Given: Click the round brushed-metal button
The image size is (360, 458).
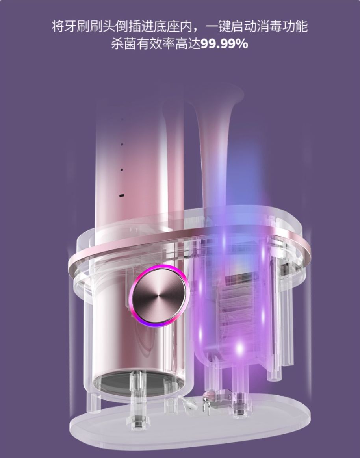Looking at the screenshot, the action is tap(158, 296).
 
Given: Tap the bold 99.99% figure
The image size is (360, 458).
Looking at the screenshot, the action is tap(225, 44).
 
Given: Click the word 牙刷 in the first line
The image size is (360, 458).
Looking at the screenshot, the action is tap(71, 26).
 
